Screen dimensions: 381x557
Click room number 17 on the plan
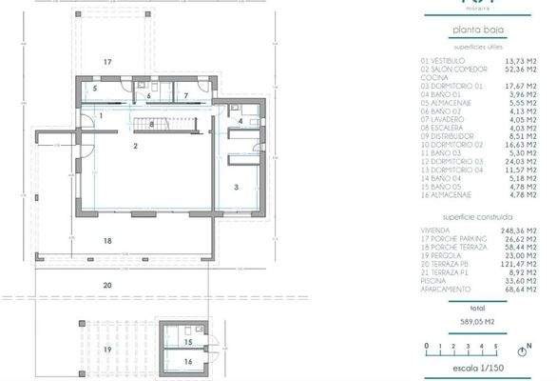(108, 62)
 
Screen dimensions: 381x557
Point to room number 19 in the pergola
(107, 350)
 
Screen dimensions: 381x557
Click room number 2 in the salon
(136, 146)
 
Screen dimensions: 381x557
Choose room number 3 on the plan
(234, 188)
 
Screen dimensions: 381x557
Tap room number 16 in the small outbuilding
(188, 362)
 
